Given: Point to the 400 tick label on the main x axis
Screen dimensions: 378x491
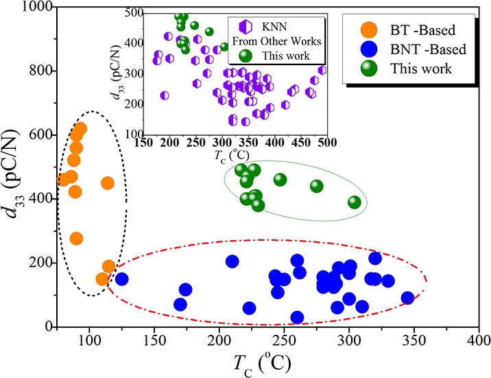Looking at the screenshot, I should pyautogui.click(x=479, y=340).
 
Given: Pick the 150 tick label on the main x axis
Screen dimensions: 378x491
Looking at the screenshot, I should pyautogui.click(x=154, y=340).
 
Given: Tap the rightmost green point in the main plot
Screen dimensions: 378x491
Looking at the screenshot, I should pyautogui.click(x=355, y=202).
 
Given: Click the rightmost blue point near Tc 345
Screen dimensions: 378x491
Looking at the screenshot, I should pyautogui.click(x=407, y=298).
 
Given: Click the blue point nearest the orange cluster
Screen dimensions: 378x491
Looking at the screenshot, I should pyautogui.click(x=121, y=279).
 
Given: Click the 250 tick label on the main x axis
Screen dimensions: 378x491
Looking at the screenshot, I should pyautogui.click(x=284, y=340).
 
